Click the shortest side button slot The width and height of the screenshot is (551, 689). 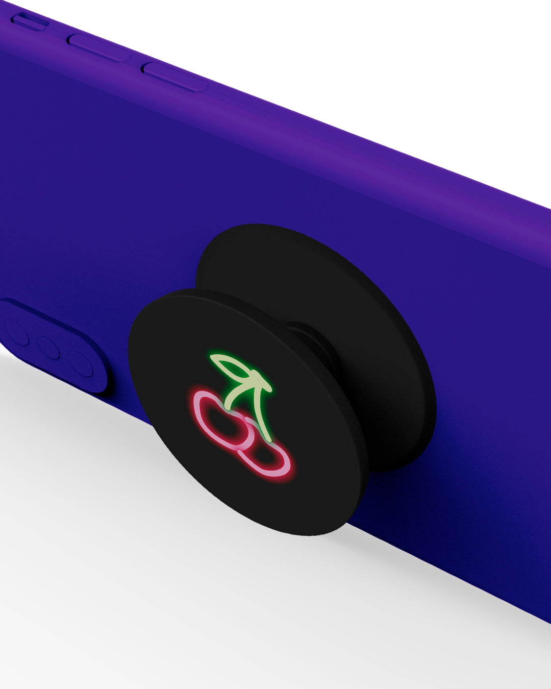click(30, 21)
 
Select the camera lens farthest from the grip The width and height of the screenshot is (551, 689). click(16, 333)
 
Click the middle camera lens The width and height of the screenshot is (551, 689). click(49, 348)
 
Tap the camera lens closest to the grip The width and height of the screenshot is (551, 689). click(82, 364)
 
